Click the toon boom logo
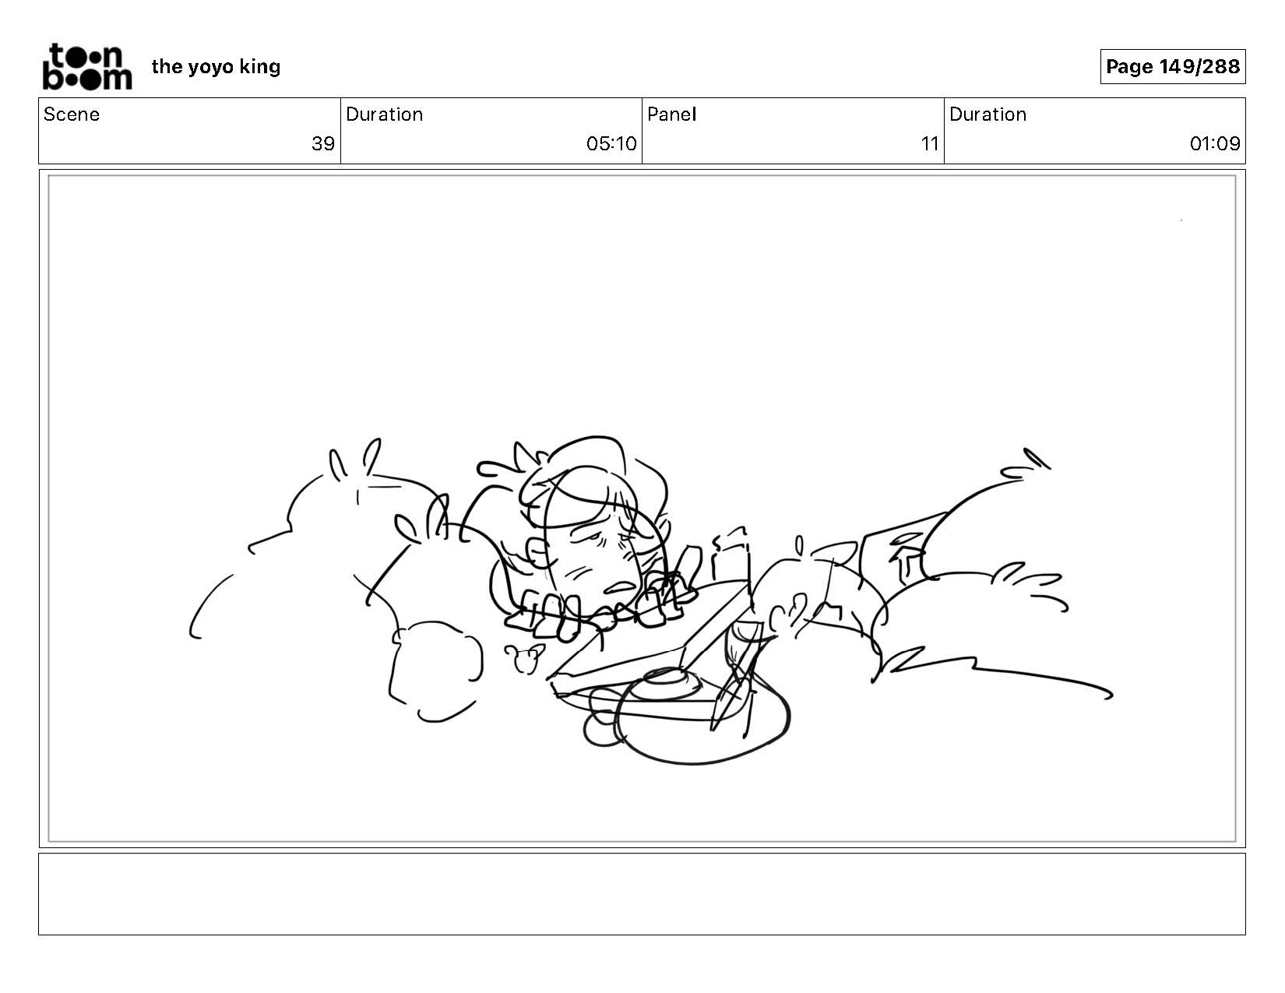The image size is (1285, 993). coord(87,67)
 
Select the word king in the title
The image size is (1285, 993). coord(259,67)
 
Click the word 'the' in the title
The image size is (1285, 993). coord(167,66)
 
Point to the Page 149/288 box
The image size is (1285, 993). coord(1173,66)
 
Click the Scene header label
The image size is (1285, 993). coord(72,114)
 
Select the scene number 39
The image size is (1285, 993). coord(323,144)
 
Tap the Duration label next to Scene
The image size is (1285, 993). coord(385,114)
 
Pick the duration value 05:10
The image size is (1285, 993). coord(611,144)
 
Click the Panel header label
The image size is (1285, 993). coord(672,114)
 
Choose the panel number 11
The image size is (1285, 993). coord(930,144)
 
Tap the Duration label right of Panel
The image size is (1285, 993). coord(988,114)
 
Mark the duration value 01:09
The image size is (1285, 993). coord(1215,144)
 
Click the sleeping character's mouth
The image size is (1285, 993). coord(618,586)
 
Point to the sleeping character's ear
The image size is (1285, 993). coord(537,552)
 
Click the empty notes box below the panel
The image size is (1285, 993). coord(642,893)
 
